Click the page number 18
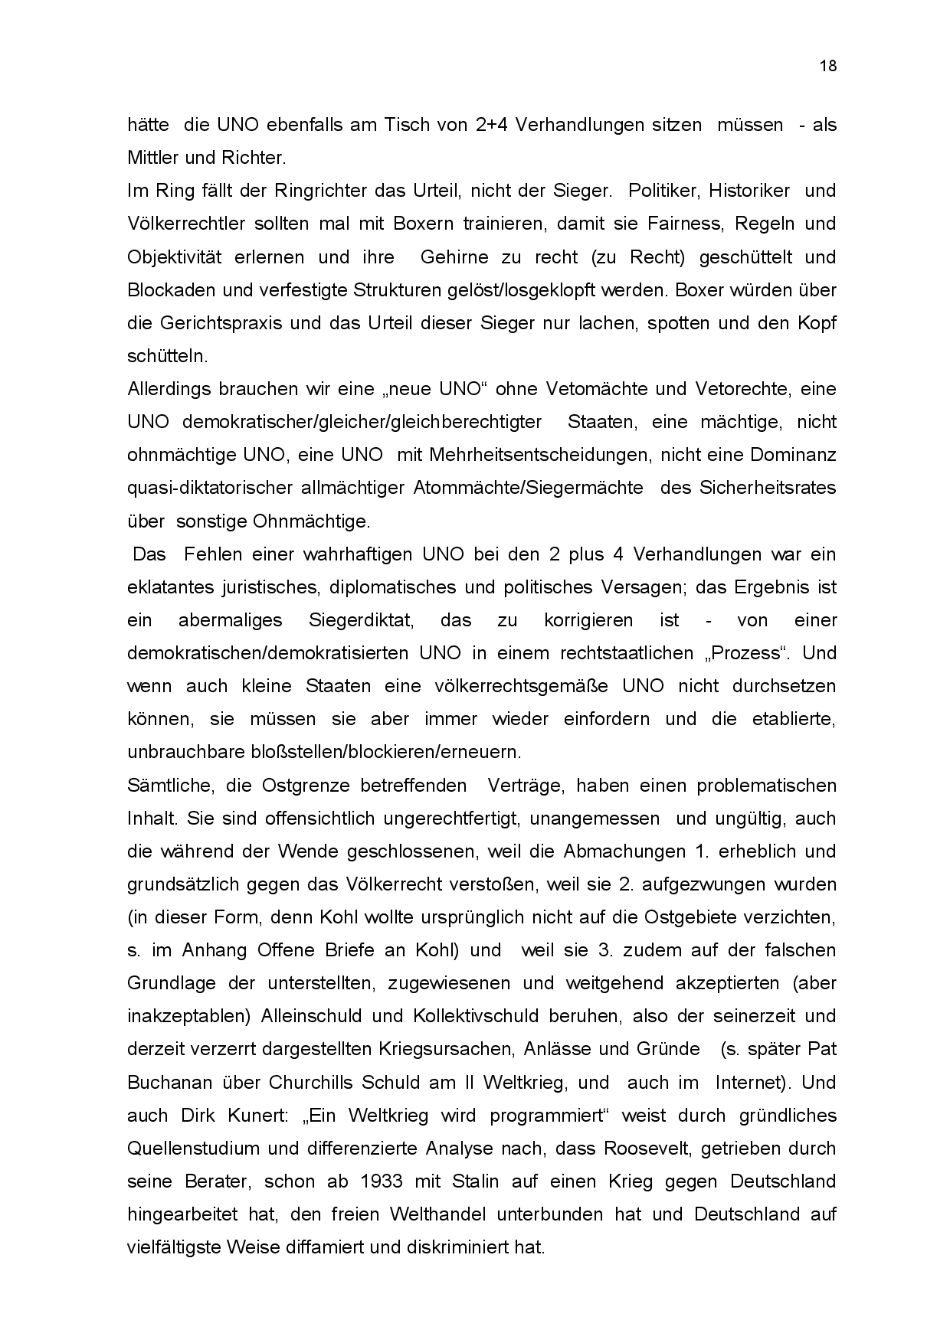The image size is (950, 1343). [828, 66]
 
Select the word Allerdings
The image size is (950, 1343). [169, 388]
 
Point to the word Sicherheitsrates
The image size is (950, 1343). [768, 488]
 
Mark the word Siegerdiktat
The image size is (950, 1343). [361, 620]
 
